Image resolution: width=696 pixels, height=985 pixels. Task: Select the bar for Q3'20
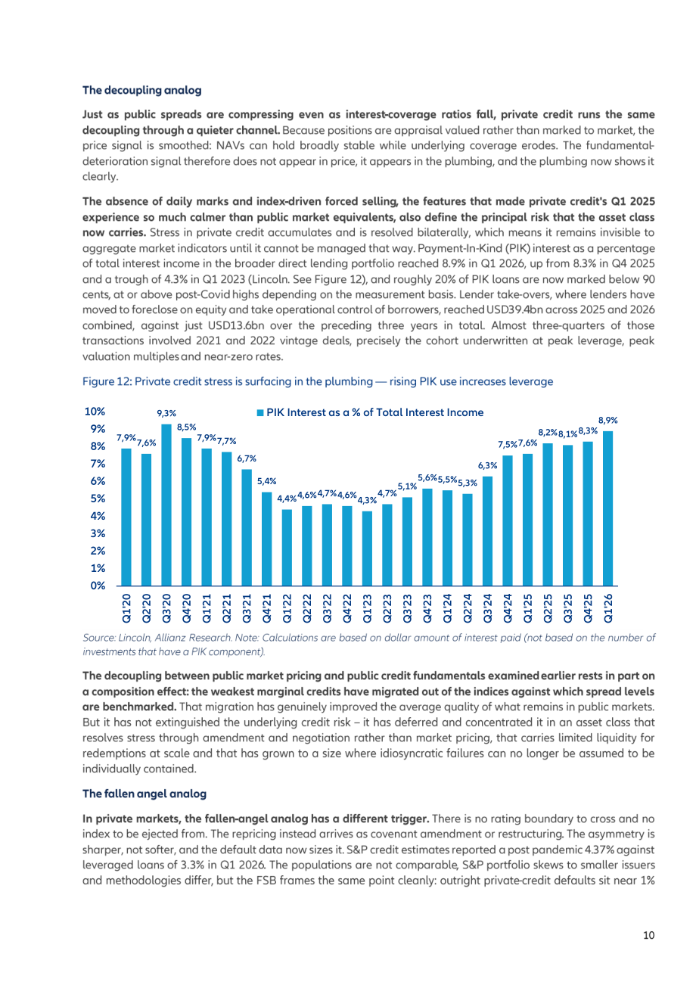click(x=166, y=505)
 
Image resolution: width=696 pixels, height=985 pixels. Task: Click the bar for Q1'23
click(x=367, y=548)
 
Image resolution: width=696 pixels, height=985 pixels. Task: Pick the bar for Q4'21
click(x=266, y=539)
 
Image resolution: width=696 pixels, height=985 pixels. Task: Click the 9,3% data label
click(x=166, y=413)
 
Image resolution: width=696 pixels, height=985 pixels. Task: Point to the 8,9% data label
click(x=607, y=421)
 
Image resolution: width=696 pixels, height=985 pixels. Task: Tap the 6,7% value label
click(x=247, y=458)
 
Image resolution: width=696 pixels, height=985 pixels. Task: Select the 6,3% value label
click(x=488, y=466)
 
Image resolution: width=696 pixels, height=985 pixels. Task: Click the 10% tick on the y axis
click(x=95, y=412)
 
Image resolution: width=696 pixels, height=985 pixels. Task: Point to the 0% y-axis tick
click(x=98, y=586)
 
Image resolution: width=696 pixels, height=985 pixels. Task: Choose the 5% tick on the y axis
click(x=98, y=499)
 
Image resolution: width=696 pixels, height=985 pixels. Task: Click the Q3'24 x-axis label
click(x=488, y=608)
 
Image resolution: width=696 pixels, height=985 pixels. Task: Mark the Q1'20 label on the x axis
click(x=126, y=608)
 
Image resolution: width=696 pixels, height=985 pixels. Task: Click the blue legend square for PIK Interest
click(x=259, y=413)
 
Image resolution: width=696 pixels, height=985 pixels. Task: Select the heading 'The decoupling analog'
click(x=142, y=90)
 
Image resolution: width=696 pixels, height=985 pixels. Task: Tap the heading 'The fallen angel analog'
click(x=144, y=794)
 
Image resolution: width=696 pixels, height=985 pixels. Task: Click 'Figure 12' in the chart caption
click(x=107, y=382)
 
